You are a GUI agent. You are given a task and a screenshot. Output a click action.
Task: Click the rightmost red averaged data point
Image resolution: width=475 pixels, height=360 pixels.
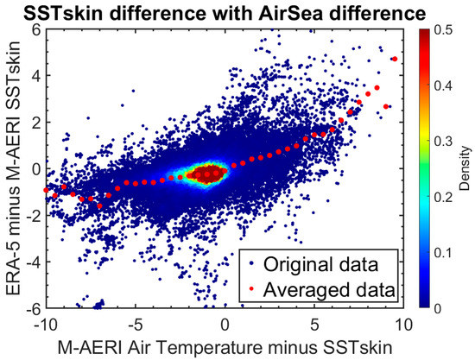click(394, 59)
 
